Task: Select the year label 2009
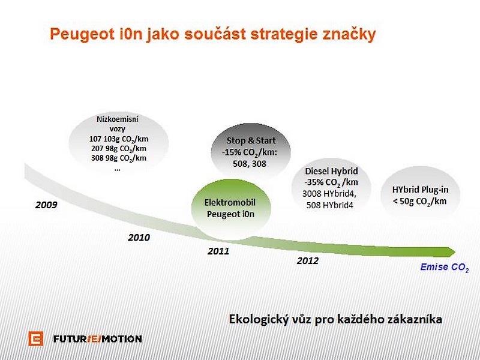[46, 205]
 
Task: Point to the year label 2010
[139, 238]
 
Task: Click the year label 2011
[218, 251]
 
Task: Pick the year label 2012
[308, 261]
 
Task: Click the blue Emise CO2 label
[445, 268]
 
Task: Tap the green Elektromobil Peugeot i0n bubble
[231, 209]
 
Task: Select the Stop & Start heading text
[251, 140]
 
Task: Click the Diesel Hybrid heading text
[331, 171]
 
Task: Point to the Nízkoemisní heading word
[118, 119]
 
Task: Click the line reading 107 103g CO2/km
[119, 139]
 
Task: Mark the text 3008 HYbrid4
[329, 194]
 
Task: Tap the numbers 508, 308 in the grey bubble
[250, 164]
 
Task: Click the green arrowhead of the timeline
[451, 252]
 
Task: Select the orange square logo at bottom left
[36, 338]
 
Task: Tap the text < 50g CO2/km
[419, 202]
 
